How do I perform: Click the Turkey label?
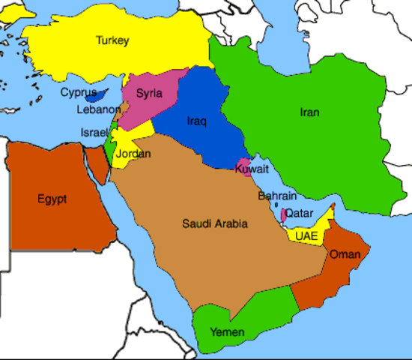pyautogui.click(x=112, y=40)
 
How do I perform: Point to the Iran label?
pyautogui.click(x=309, y=112)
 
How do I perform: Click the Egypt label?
pyautogui.click(x=52, y=199)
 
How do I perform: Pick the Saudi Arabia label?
pyautogui.click(x=214, y=223)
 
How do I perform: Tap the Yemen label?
pyautogui.click(x=225, y=331)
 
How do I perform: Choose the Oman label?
pyautogui.click(x=345, y=254)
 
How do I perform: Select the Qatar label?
pyautogui.click(x=299, y=212)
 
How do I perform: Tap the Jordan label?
pyautogui.click(x=133, y=154)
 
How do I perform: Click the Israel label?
pyautogui.click(x=94, y=133)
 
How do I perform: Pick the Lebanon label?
pyautogui.click(x=98, y=109)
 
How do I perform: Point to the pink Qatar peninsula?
pyautogui.click(x=283, y=215)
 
